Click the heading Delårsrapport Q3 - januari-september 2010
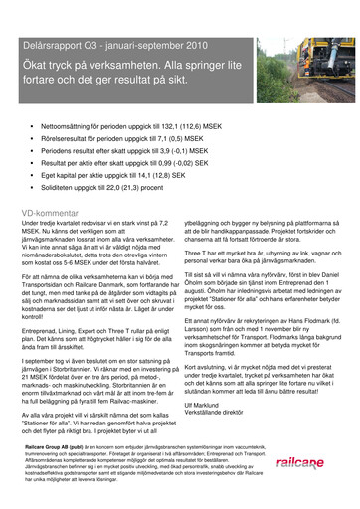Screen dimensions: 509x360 click(x=109, y=46)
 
